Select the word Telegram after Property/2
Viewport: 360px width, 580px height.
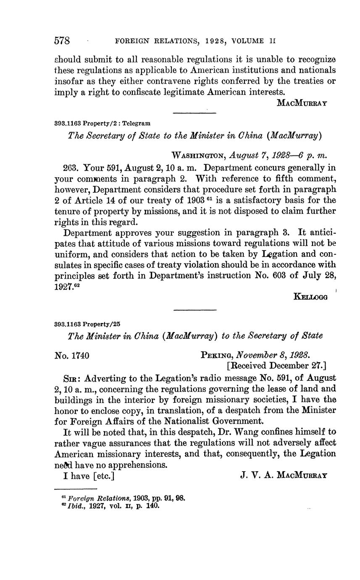[137, 124]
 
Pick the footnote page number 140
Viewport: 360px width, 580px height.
[153, 506]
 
